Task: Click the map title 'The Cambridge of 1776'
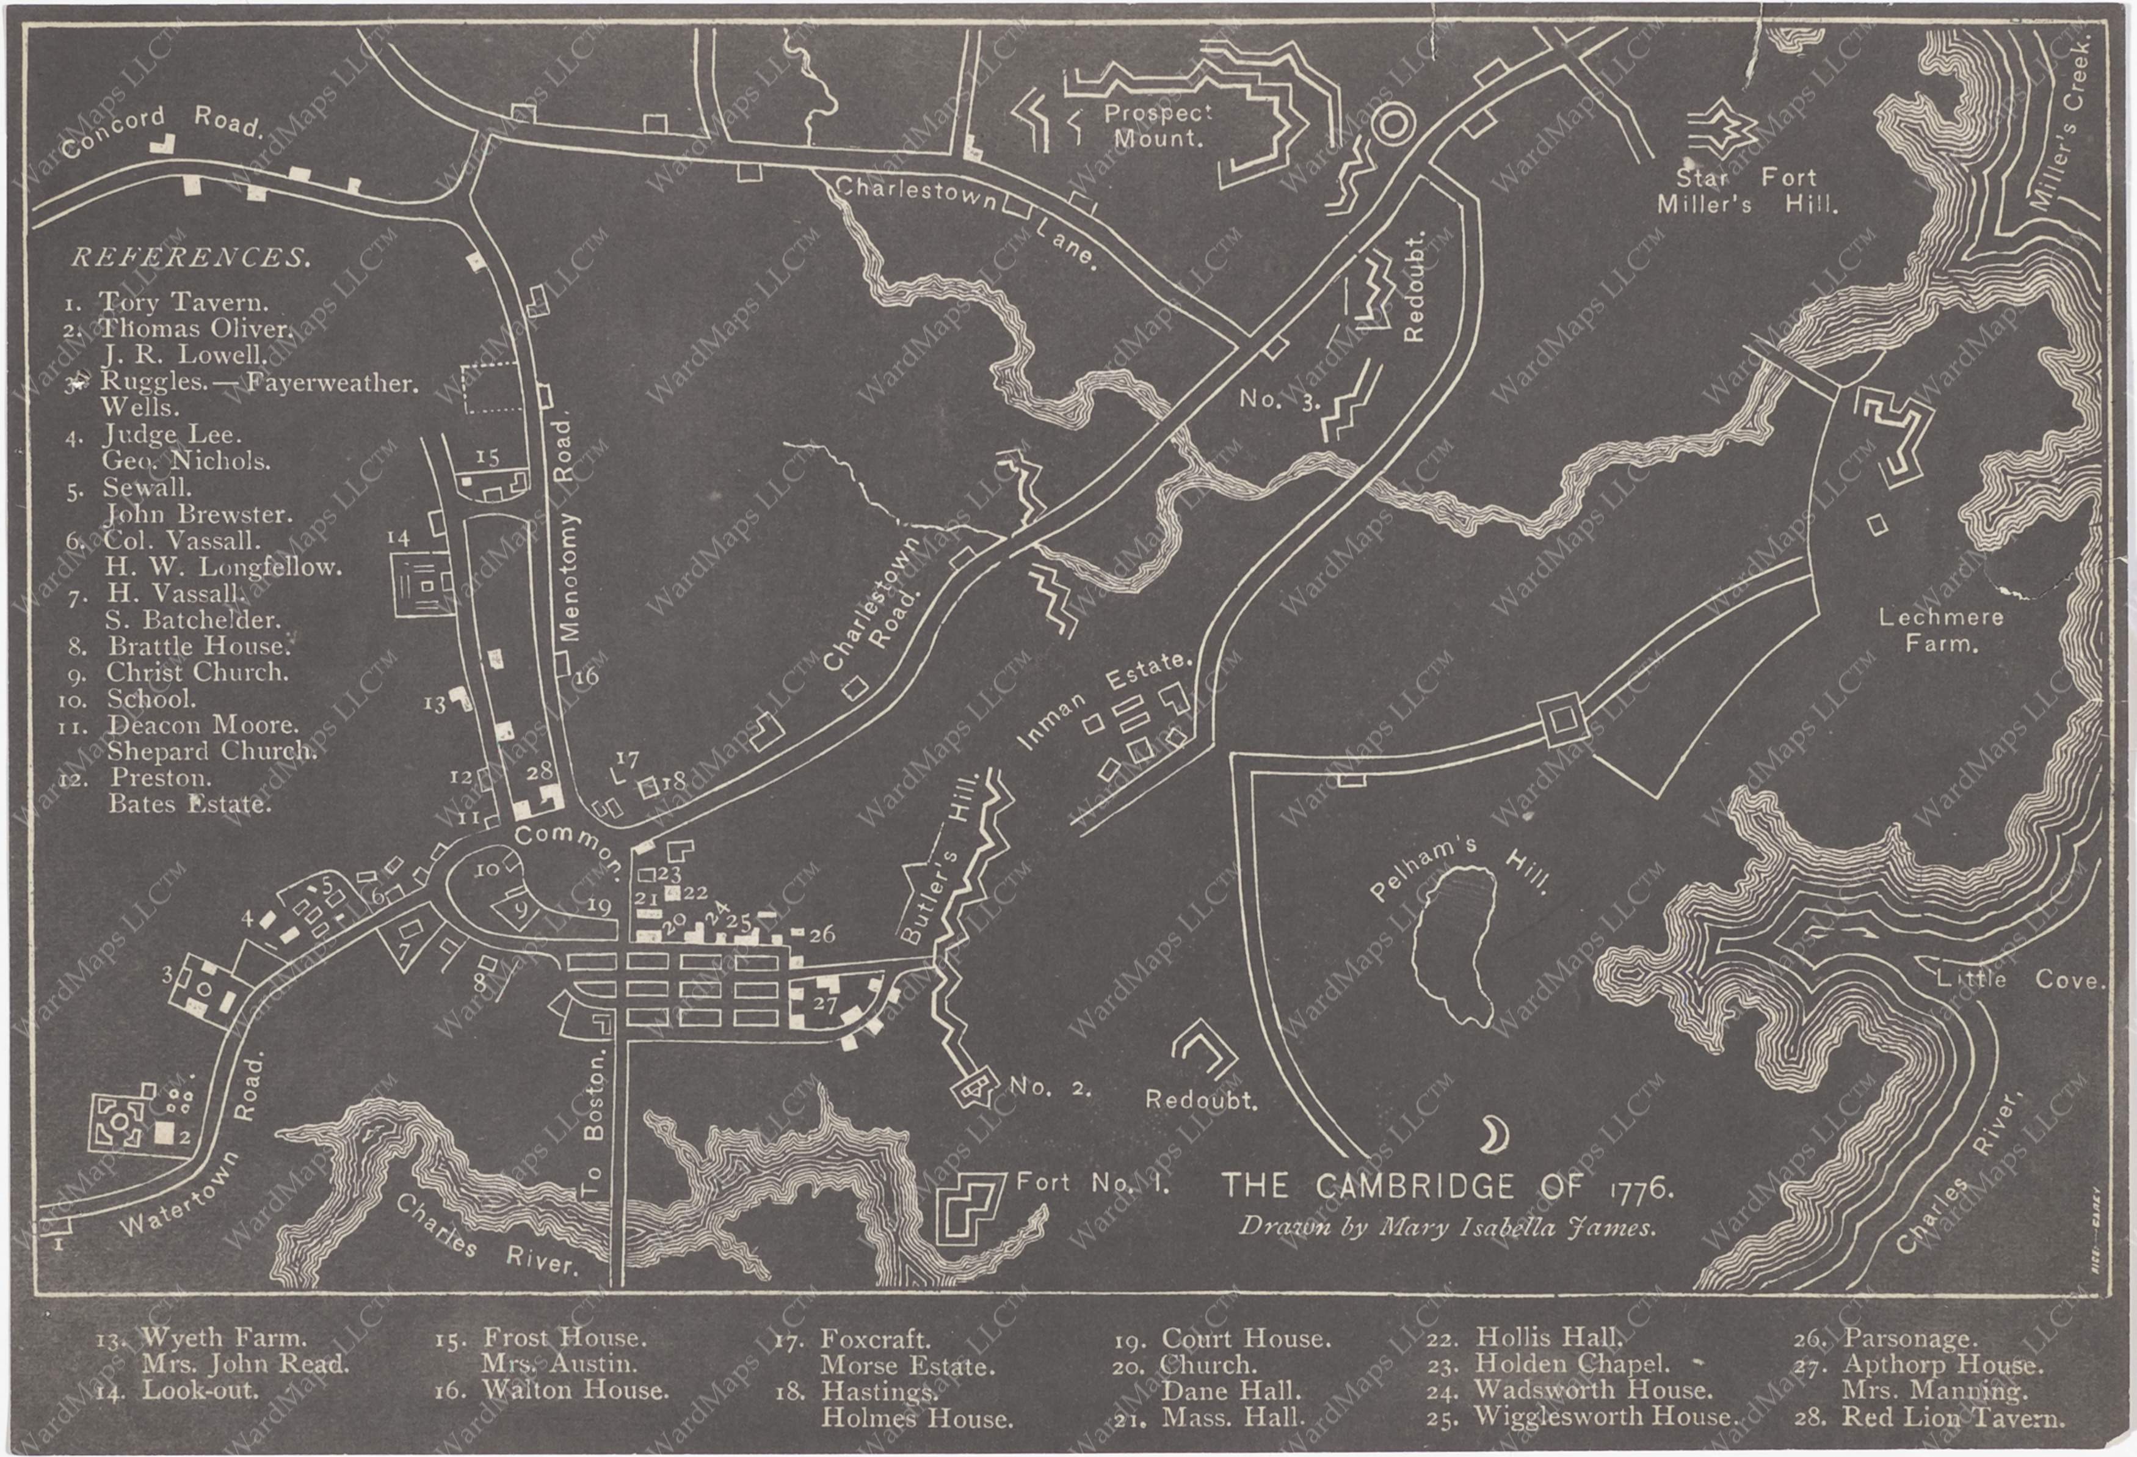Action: tap(1446, 1188)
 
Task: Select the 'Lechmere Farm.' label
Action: tap(1940, 630)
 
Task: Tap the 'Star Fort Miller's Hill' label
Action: tap(1746, 191)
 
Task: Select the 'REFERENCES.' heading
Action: tap(190, 258)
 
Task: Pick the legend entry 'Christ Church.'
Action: tap(197, 673)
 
